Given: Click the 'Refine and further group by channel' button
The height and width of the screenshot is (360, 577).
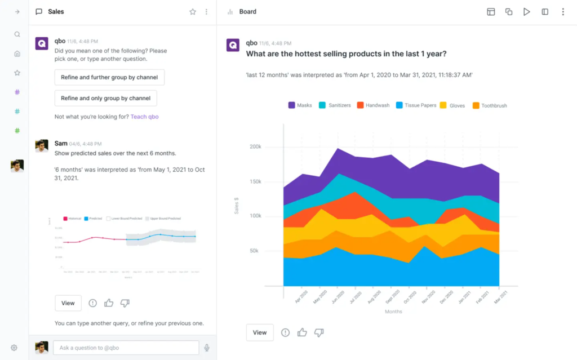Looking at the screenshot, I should tap(109, 77).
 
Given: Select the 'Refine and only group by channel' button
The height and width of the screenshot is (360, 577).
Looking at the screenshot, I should tap(105, 98).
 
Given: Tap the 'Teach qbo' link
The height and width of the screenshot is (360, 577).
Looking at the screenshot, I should tap(144, 117).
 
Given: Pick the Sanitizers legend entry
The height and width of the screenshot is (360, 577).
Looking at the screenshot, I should tap(335, 105).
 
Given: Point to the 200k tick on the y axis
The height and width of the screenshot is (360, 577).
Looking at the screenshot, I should tap(255, 146).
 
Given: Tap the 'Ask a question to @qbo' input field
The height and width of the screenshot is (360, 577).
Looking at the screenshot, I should tap(126, 348).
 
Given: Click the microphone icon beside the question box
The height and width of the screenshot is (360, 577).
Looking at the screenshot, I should tap(207, 348).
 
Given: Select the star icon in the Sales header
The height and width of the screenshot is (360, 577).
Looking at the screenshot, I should tap(193, 12).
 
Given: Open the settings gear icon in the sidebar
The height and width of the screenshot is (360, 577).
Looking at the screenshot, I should tap(14, 348).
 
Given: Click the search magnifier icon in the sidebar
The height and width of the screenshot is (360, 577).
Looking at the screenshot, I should tap(17, 34).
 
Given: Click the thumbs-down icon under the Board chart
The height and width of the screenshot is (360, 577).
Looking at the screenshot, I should tap(319, 332).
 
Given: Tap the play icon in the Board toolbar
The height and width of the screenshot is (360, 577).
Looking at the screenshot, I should tap(526, 12).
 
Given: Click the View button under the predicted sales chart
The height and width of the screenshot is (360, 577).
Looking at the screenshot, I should tap(68, 303).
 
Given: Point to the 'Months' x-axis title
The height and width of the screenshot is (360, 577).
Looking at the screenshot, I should tap(393, 312).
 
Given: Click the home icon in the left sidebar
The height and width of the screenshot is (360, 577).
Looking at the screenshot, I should tap(17, 54).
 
